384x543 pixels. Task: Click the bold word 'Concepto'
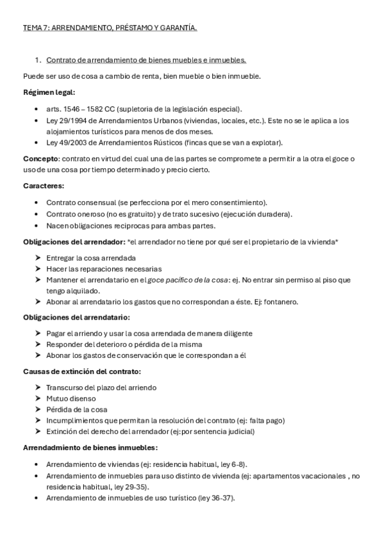pos(40,158)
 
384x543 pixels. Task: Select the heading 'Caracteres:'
pos(44,185)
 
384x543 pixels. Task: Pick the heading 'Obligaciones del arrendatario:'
pos(76,317)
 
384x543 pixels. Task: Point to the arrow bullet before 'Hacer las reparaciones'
pos(38,268)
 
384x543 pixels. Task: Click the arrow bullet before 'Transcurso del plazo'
pos(38,387)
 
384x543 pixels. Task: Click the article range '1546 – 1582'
pos(82,109)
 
